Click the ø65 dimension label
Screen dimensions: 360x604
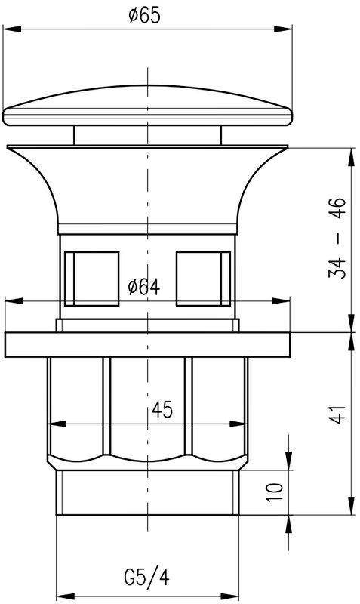144,16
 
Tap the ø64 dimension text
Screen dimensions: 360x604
143,287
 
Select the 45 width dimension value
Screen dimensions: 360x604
162,409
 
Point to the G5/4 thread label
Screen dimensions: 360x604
146,578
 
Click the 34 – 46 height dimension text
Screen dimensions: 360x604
337,238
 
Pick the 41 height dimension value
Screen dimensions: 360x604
337,414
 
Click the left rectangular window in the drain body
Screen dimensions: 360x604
91,279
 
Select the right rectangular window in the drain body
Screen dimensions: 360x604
203,279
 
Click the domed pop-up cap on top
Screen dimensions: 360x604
147,105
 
